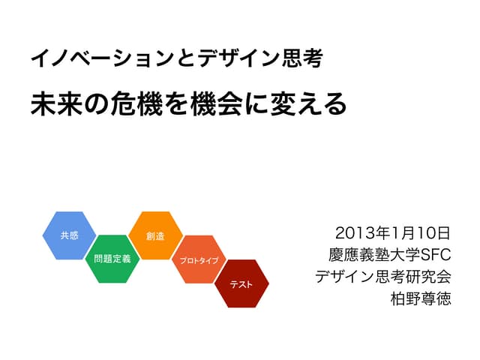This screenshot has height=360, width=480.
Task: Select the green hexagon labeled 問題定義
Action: click(112, 259)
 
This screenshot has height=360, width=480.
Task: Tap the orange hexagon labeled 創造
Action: click(156, 235)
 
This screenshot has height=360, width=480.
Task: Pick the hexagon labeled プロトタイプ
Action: click(199, 260)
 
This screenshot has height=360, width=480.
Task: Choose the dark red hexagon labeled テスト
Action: click(241, 283)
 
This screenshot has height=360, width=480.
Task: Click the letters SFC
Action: click(436, 253)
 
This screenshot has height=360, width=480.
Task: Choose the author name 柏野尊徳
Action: click(421, 298)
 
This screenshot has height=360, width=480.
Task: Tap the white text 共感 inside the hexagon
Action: click(69, 235)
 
